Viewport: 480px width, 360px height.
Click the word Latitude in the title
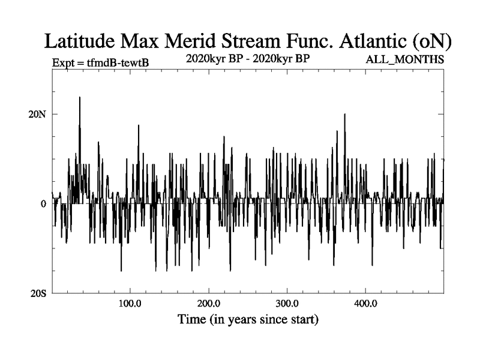[81, 41]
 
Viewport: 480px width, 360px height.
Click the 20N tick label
[40, 114]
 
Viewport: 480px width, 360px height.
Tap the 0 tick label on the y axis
[44, 204]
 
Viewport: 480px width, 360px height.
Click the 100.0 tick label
[130, 303]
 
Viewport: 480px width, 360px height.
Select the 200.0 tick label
[209, 303]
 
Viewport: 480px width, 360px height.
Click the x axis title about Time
[248, 319]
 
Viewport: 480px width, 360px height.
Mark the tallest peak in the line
[79, 98]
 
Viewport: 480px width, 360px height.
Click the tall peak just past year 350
[344, 115]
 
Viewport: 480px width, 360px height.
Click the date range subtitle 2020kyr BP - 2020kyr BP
[248, 59]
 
